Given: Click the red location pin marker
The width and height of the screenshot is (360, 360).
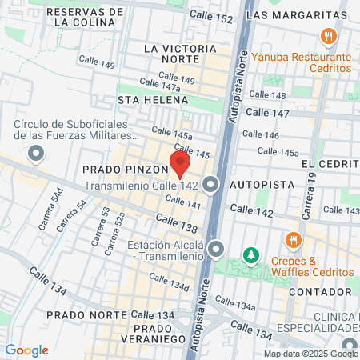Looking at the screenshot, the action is click(180, 164).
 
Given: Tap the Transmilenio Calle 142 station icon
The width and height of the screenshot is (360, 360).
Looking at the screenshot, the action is click(211, 185).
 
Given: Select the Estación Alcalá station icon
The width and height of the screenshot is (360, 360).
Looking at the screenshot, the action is click(216, 250).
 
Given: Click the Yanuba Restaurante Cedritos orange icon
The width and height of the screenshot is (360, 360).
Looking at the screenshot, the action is click(327, 37).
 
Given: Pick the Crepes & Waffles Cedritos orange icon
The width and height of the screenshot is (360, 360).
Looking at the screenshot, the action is click(294, 239).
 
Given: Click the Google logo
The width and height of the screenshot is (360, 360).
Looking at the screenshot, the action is click(26, 350).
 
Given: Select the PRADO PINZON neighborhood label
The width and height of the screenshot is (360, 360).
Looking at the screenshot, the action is click(124, 170).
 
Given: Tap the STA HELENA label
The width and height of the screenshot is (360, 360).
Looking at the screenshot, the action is click(153, 100).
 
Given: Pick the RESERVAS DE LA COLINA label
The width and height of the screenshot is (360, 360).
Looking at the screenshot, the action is click(86, 17).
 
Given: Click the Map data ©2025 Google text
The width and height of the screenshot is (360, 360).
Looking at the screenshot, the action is click(311, 354).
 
